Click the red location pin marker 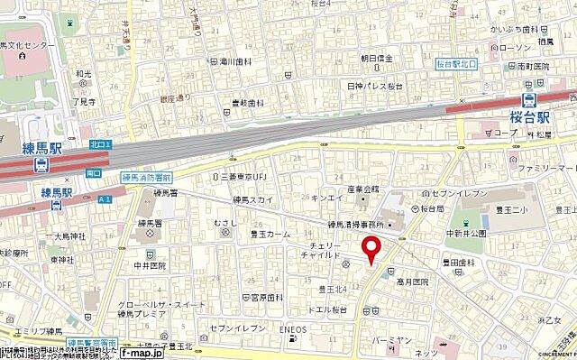point(370,249)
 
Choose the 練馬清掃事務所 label point(356,224)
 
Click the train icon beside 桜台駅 point(531,99)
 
